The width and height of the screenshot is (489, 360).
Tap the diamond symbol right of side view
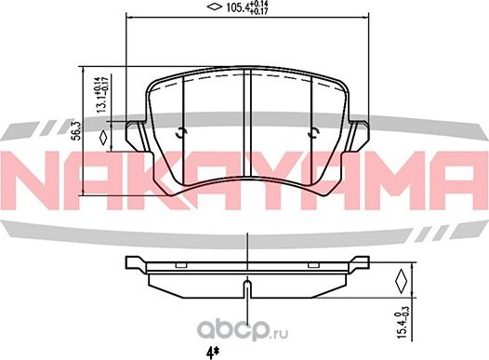pyautogui.click(x=401, y=279)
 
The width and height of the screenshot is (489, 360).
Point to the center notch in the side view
pyautogui.click(x=245, y=285)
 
